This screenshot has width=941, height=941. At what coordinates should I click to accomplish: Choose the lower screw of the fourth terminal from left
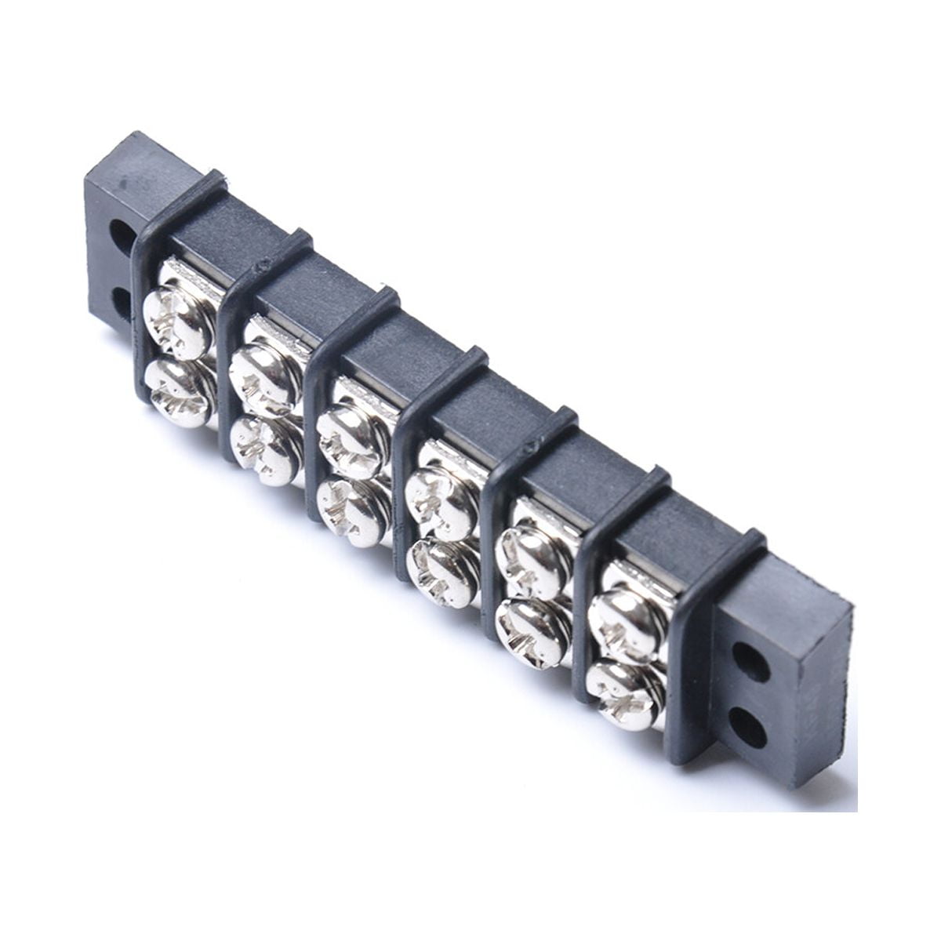coord(443,572)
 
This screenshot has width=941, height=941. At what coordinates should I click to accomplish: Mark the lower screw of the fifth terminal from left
coord(533,631)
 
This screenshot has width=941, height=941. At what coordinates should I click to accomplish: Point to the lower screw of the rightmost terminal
coord(623,694)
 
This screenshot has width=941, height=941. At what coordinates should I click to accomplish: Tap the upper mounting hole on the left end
coord(122,234)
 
